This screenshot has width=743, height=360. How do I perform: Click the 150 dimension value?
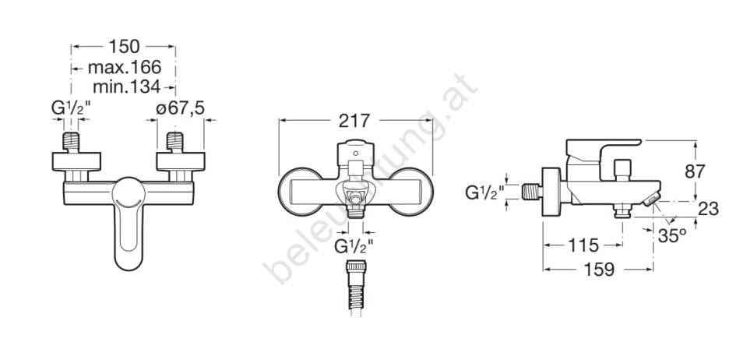tap(124, 47)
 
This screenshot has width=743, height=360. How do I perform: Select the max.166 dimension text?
tap(125, 67)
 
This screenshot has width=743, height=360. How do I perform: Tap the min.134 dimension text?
tap(126, 86)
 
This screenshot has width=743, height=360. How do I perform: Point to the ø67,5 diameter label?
tap(180, 108)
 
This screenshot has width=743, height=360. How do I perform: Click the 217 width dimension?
tap(354, 121)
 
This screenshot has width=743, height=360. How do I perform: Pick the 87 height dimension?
tap(695, 171)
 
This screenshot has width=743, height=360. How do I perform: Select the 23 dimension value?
tap(709, 209)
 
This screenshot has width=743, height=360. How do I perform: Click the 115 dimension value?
tap(583, 245)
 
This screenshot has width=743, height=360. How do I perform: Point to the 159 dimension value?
tap(598, 270)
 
